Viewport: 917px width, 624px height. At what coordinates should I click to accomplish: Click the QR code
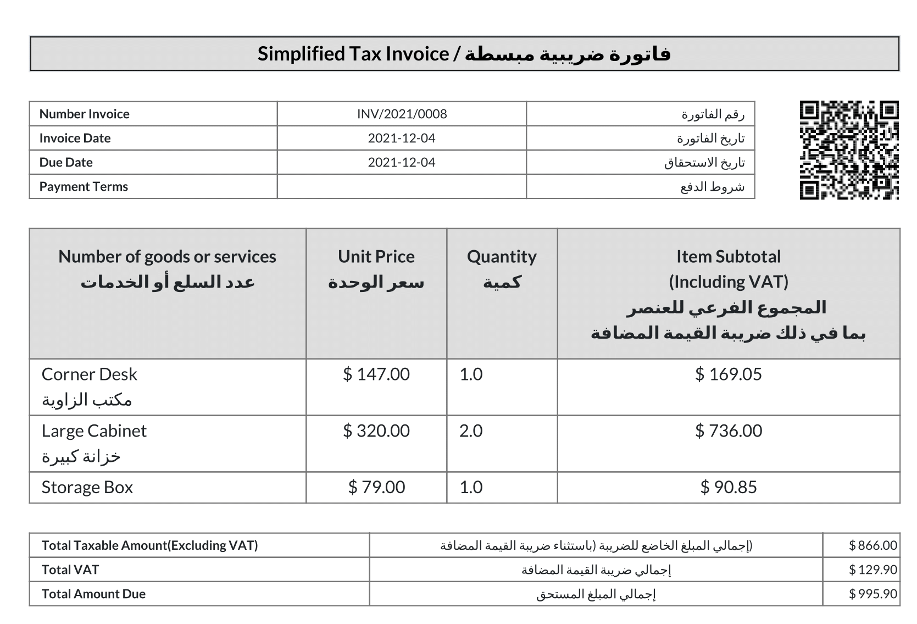pos(849,150)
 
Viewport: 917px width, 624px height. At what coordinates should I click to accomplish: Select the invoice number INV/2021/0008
pos(402,114)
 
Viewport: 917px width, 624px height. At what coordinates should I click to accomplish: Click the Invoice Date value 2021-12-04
pos(402,138)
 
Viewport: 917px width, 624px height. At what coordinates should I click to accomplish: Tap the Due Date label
pos(66,162)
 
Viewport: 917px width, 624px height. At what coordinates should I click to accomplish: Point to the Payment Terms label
pos(84,186)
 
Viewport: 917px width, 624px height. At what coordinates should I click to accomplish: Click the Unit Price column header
pos(376,257)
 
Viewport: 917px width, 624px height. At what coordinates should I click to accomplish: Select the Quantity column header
pos(502,257)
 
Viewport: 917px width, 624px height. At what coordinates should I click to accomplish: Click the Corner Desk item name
pos(89,374)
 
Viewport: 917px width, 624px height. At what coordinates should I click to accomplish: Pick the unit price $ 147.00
pos(376,374)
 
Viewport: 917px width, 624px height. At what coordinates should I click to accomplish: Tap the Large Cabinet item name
pos(94,431)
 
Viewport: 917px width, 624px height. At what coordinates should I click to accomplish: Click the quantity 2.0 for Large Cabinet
pos(471,431)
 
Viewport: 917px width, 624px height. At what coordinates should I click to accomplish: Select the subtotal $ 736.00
pos(729,431)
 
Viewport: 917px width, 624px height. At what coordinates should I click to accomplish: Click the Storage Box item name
pos(87,488)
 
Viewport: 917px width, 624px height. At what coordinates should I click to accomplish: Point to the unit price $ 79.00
pos(376,488)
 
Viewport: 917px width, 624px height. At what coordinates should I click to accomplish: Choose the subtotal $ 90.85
pos(729,488)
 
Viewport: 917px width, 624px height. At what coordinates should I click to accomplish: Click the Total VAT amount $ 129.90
pos(873,570)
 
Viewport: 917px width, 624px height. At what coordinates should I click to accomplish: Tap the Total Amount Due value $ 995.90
pos(873,594)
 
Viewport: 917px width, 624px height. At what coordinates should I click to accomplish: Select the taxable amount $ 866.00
pos(873,545)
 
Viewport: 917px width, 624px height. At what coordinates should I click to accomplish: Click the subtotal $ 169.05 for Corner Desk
pos(729,374)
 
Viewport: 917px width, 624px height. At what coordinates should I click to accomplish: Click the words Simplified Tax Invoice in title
pos(353,54)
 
